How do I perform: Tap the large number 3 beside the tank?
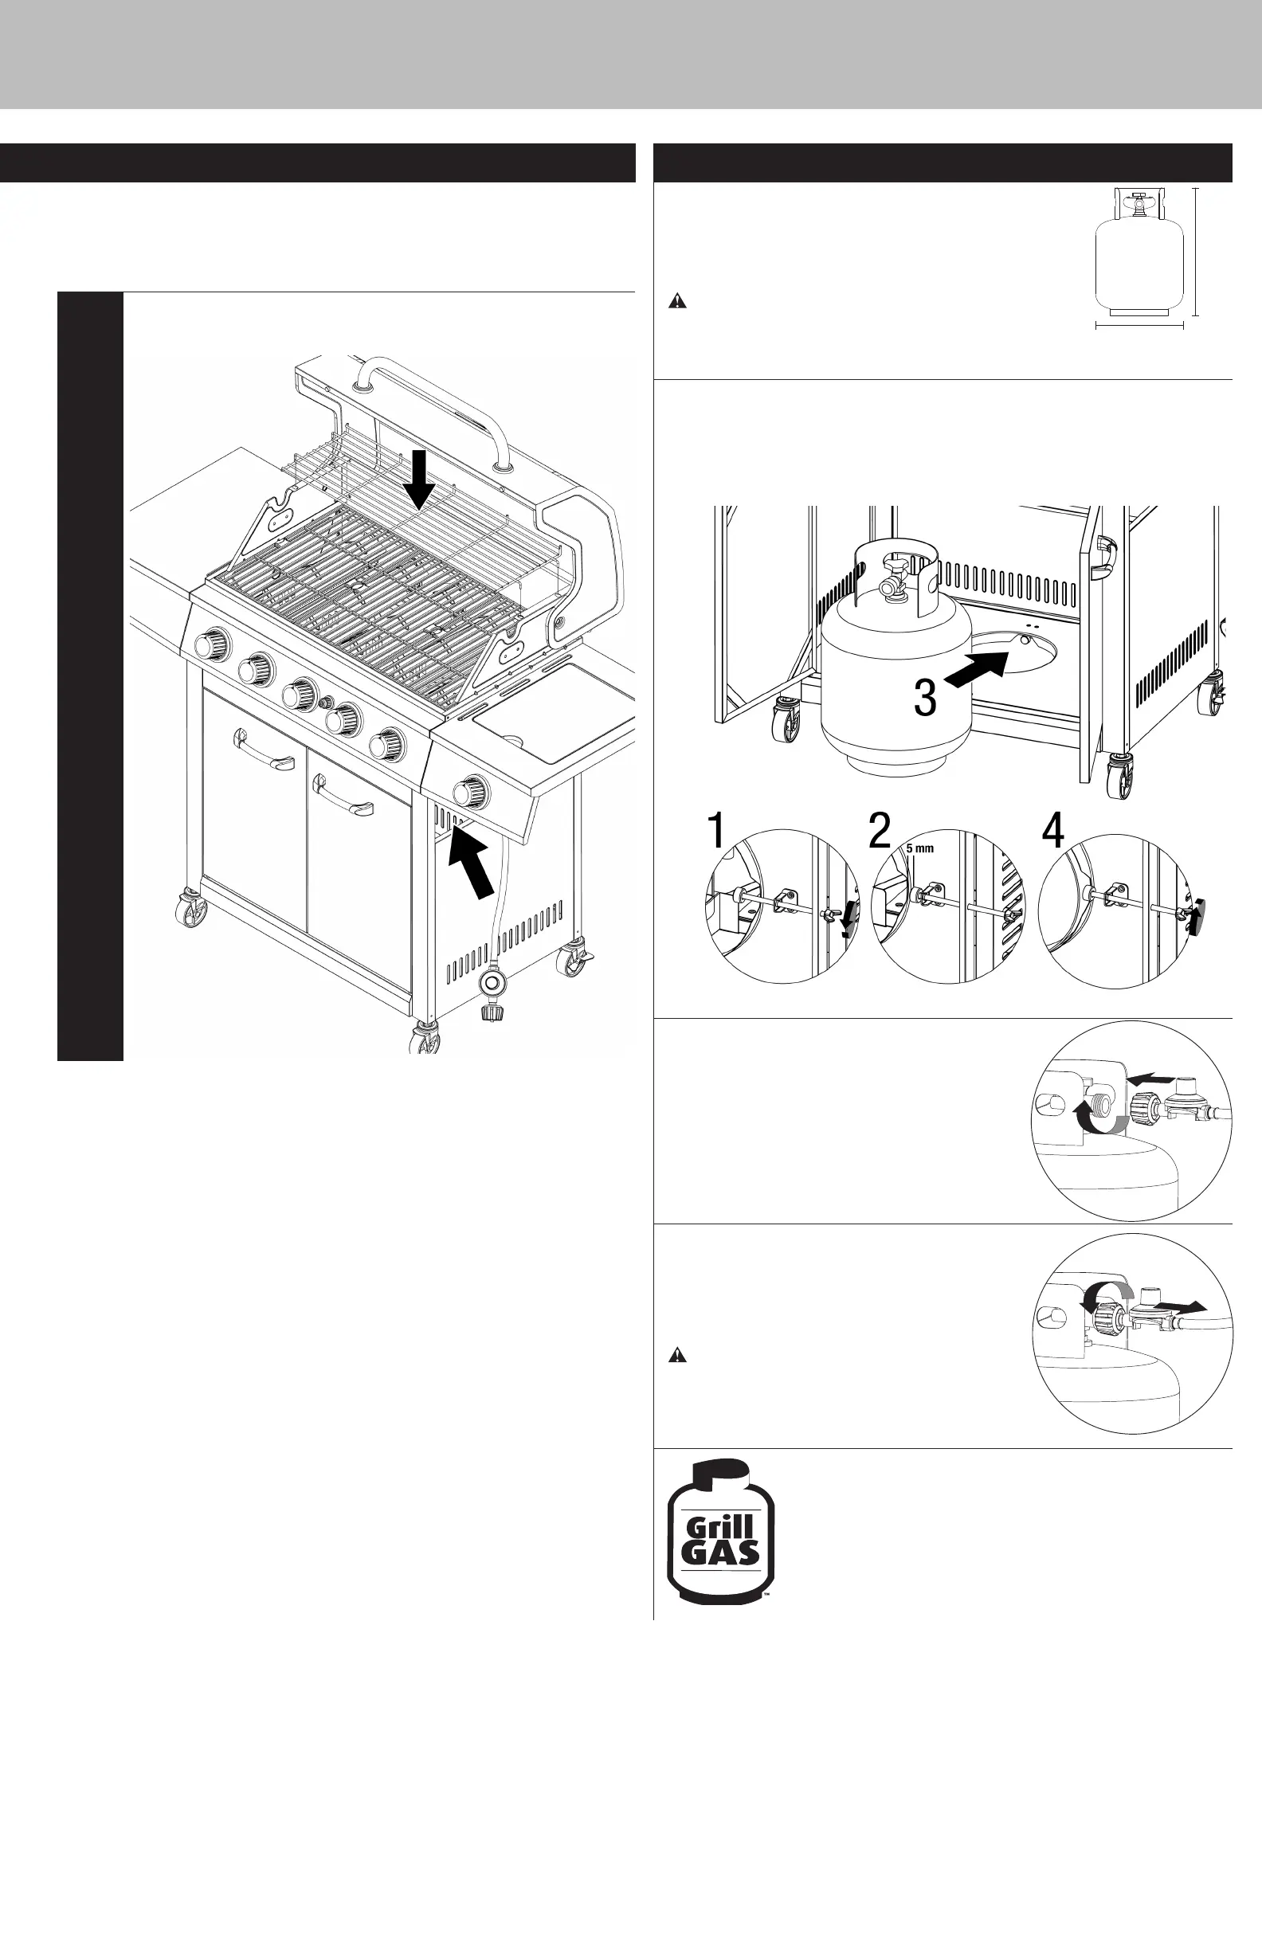(924, 698)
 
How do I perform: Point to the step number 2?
(880, 831)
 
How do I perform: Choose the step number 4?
(1052, 831)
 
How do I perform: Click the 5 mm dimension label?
(919, 848)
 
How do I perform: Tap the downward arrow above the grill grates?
(420, 480)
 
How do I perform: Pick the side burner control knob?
(469, 792)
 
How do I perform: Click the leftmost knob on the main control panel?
(212, 642)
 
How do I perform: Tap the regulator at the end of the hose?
(493, 991)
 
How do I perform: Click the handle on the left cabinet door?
(264, 750)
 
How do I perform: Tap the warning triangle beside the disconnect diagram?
(677, 1355)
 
